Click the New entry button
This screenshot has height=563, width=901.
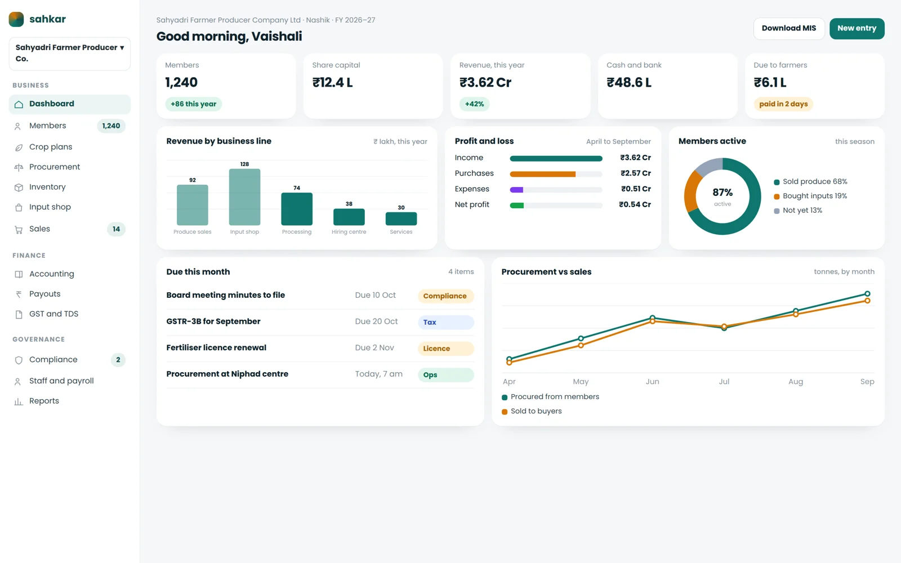[x=857, y=28]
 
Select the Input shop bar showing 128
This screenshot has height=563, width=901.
[x=244, y=196]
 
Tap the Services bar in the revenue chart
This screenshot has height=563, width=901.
[x=401, y=218]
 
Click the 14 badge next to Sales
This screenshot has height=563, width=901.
[x=116, y=229]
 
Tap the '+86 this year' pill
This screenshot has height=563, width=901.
[x=194, y=104]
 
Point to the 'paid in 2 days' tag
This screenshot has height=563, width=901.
[x=783, y=104]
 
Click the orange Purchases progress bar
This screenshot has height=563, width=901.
[x=543, y=174]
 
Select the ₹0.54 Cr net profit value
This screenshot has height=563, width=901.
[x=635, y=204]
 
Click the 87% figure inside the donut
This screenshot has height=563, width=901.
[x=722, y=192]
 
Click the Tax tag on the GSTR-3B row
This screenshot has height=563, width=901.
[x=446, y=322]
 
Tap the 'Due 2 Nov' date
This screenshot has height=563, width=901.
[x=374, y=347]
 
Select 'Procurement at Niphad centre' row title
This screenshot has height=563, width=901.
[x=228, y=374]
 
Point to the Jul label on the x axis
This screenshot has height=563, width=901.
[x=724, y=381]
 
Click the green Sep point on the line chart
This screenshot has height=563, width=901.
[x=867, y=293]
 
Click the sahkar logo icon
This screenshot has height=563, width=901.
[x=16, y=19]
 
